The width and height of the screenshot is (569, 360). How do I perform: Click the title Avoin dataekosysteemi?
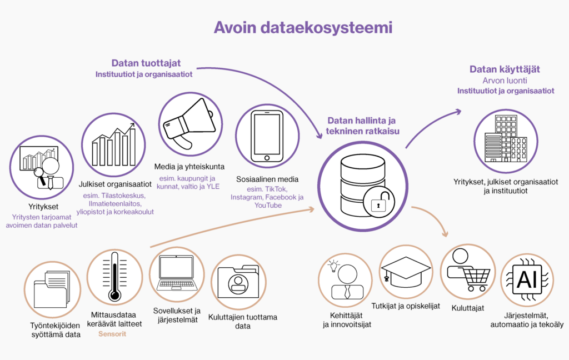(x=303, y=28)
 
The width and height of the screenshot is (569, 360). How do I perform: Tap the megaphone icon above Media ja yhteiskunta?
(x=189, y=123)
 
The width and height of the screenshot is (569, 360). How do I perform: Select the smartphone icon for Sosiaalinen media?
(x=267, y=136)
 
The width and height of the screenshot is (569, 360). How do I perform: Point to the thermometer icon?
(x=114, y=277)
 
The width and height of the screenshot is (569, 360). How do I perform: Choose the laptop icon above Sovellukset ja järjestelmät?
(x=177, y=273)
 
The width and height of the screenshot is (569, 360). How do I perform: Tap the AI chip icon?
(x=527, y=280)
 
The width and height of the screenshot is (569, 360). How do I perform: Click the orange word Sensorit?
(x=112, y=334)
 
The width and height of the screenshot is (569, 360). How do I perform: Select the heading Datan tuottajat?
(x=146, y=63)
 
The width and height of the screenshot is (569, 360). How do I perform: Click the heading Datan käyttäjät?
(x=505, y=69)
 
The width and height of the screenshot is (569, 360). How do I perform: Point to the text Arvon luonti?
(x=505, y=81)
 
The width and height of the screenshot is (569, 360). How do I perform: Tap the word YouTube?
(x=268, y=206)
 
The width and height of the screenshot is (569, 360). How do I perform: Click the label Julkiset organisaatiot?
(x=115, y=184)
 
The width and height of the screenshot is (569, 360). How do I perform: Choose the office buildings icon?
(x=506, y=139)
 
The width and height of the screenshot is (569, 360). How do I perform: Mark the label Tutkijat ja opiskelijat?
(x=406, y=306)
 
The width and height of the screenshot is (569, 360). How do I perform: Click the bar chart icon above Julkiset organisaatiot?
(x=114, y=144)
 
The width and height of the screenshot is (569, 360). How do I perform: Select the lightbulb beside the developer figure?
(x=333, y=266)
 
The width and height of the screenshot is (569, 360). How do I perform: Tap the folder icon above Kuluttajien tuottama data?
(x=238, y=282)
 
